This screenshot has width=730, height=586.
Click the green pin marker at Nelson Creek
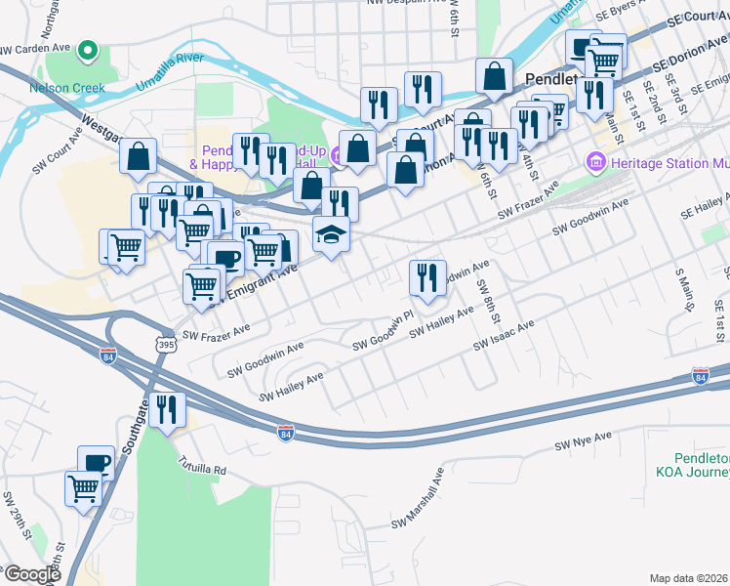[87, 50]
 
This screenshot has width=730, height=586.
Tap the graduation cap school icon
[331, 234]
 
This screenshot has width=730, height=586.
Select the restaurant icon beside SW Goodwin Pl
[426, 277]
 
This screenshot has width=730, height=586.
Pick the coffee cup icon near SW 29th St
[96, 463]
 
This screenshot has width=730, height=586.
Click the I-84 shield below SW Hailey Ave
[285, 431]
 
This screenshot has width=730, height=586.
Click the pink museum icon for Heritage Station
[593, 161]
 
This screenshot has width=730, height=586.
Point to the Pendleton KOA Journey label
[699, 466]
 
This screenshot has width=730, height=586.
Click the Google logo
[31, 574]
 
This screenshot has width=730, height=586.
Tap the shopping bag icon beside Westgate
[138, 155]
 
